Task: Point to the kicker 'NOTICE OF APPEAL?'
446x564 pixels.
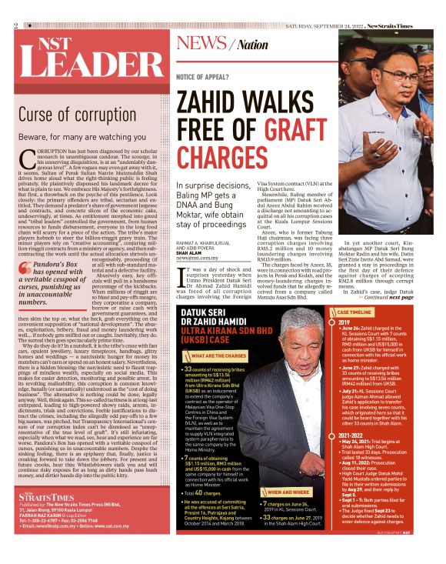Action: tap(205, 78)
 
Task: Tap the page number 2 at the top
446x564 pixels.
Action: tap(15, 25)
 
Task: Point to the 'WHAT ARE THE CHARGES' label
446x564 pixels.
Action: tap(225, 356)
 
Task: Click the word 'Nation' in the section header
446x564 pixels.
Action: tap(253, 45)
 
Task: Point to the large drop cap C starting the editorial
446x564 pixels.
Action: tap(25, 158)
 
